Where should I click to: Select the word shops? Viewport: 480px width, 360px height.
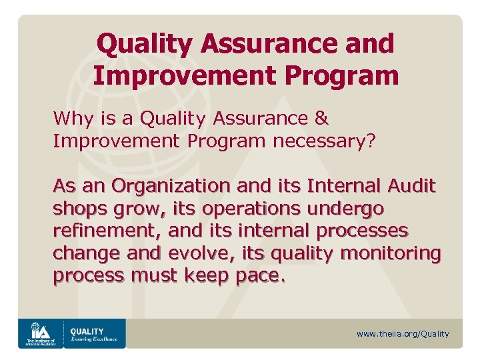click(x=75, y=209)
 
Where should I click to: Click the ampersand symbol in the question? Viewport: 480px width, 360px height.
click(x=321, y=119)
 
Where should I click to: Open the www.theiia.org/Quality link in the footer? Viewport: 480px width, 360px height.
click(x=403, y=334)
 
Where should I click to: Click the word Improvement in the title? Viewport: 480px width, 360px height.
click(x=181, y=75)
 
